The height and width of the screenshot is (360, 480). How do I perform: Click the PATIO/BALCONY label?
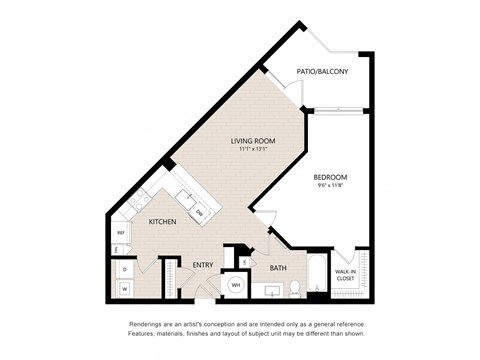322,71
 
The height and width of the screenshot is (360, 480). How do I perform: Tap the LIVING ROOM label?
254,141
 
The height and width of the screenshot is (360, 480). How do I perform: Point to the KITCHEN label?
163,221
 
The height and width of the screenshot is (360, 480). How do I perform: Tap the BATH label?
277,267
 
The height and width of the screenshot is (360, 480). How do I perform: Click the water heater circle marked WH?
237,285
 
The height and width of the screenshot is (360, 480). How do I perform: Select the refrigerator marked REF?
120,233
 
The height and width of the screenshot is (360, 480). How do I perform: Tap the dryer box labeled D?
125,269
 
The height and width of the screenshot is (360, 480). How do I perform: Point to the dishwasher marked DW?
199,212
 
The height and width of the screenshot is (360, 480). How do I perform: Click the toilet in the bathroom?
296,289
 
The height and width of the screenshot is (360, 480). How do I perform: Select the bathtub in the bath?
319,278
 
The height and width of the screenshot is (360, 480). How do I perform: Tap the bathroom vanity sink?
269,291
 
